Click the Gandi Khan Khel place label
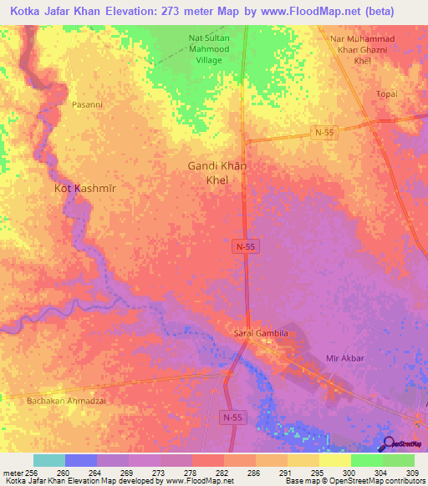(x=216, y=172)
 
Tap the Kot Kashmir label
(x=85, y=190)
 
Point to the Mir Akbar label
(x=343, y=359)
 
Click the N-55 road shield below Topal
(x=325, y=132)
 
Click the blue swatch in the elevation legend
(x=81, y=460)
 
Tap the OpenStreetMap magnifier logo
(x=388, y=444)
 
